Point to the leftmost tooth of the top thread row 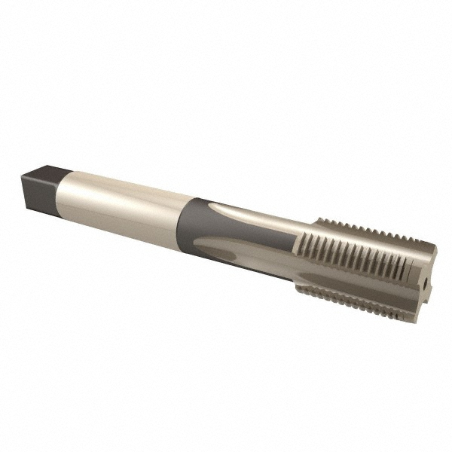point(318,222)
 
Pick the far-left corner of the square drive point(22,176)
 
